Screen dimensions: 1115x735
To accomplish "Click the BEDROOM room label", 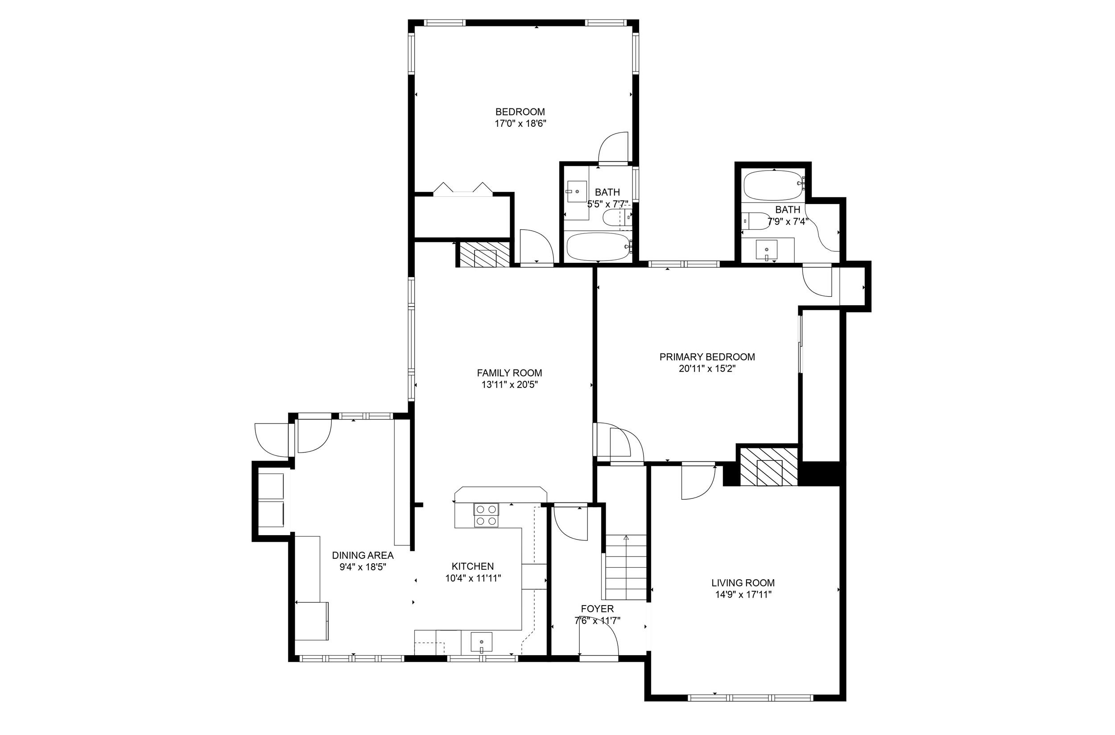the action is click(520, 112).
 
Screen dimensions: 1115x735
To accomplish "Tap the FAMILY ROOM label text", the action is click(509, 373).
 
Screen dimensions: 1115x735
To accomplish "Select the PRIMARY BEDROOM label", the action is click(707, 357).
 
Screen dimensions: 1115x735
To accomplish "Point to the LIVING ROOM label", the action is click(743, 583).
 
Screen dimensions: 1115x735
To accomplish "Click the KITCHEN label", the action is click(473, 566).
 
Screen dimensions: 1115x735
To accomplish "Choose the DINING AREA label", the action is click(363, 556).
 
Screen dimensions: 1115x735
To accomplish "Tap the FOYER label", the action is click(597, 609).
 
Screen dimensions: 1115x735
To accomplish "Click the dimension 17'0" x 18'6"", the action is click(520, 124).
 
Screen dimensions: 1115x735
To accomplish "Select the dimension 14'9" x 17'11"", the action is click(743, 595).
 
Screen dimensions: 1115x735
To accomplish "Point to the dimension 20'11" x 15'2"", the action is click(707, 369).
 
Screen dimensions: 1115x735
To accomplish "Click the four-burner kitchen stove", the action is click(486, 515).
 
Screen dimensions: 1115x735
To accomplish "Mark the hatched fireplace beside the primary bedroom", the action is click(769, 467).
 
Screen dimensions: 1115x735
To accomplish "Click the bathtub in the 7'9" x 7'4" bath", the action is click(774, 186).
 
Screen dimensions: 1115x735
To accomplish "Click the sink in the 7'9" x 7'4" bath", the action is click(767, 250).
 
